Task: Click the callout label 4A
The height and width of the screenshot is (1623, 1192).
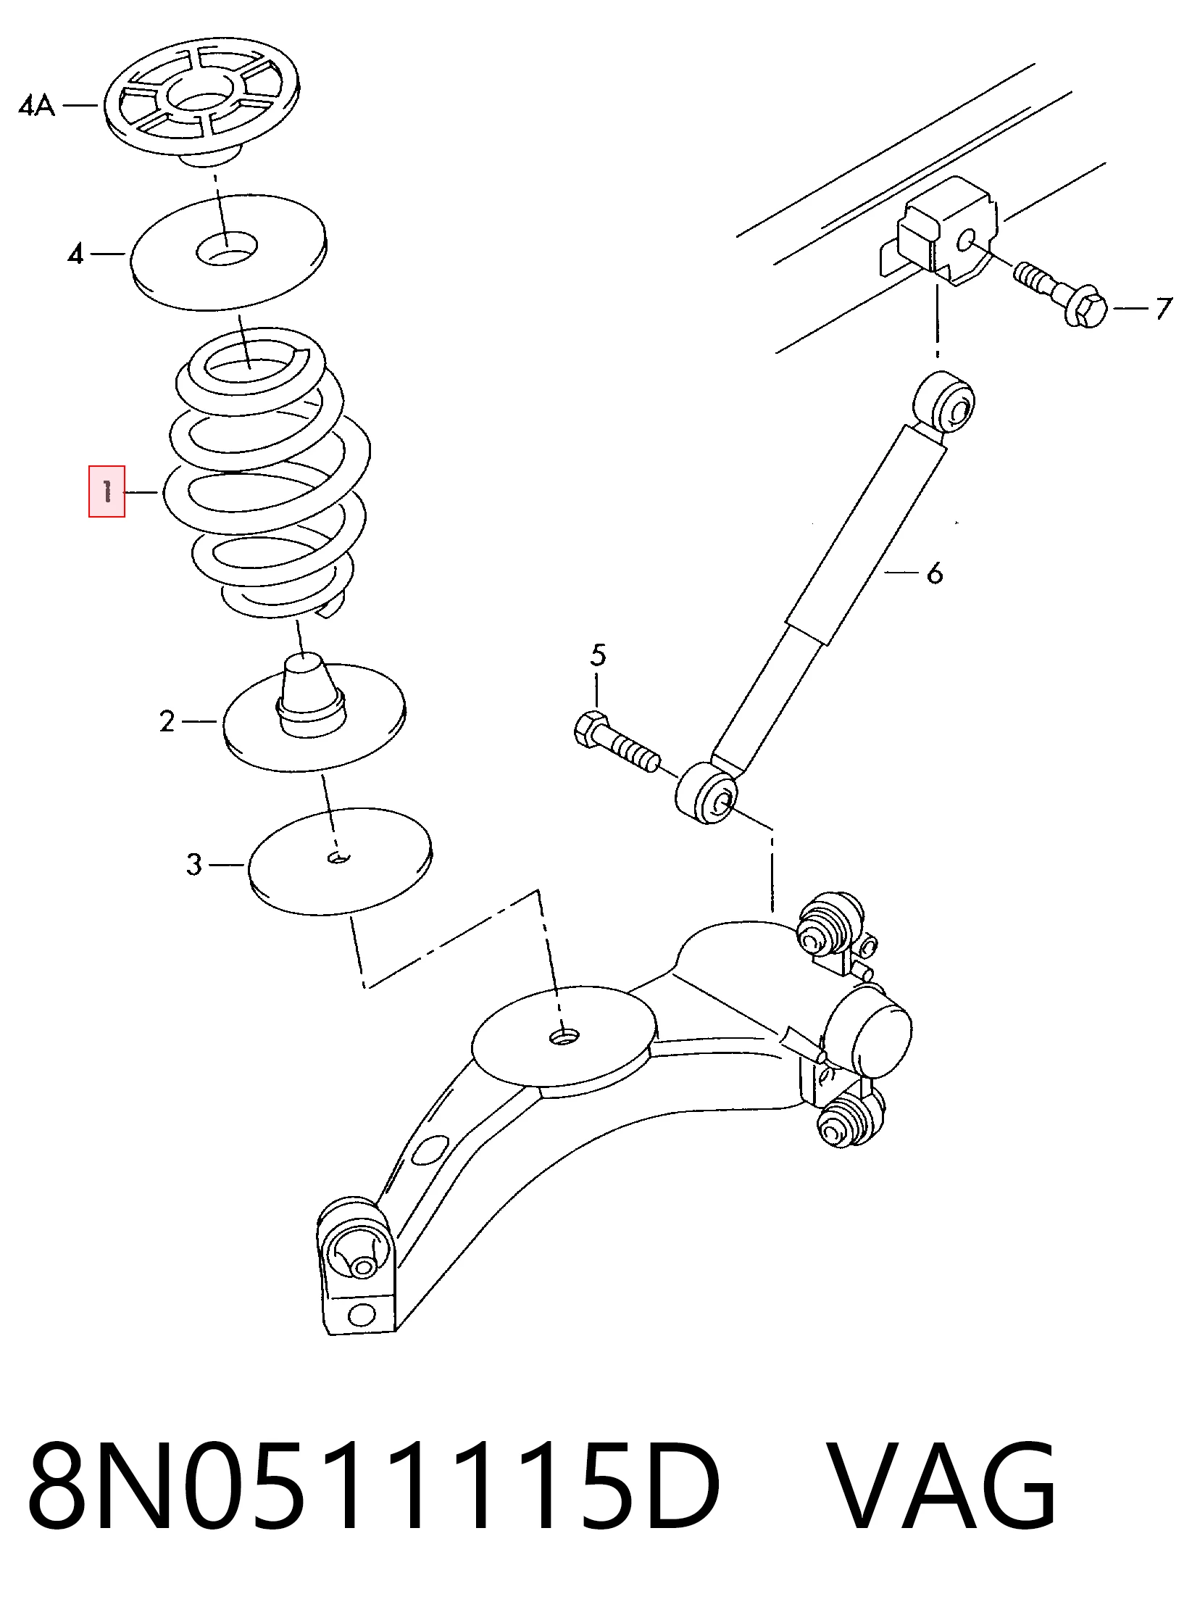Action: (36, 107)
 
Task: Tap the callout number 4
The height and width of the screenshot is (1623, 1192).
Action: (75, 254)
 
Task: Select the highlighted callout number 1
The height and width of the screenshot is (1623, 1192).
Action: (107, 491)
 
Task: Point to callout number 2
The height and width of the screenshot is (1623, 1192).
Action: (167, 721)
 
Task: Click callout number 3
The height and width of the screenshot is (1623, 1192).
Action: (193, 864)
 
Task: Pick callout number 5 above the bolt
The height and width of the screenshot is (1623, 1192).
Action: (598, 655)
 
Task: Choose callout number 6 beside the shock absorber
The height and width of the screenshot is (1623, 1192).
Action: (935, 573)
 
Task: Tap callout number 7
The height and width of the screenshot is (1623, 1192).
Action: (1163, 308)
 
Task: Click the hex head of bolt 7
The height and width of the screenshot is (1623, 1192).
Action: (1088, 310)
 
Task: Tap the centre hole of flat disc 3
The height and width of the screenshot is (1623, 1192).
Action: (338, 858)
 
